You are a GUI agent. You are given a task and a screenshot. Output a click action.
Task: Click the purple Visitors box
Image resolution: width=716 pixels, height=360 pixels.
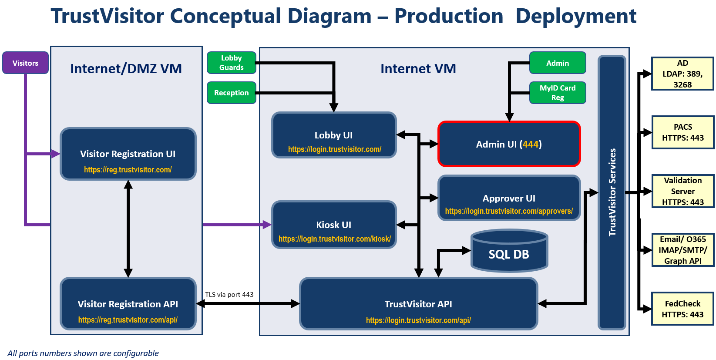coord(25,63)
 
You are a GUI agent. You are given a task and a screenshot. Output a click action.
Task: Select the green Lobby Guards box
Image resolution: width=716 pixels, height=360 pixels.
coord(231,63)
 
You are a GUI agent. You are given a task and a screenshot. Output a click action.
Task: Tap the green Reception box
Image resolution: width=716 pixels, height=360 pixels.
coord(231,93)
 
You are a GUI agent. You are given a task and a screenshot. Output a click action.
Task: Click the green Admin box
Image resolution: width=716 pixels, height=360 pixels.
coord(557,63)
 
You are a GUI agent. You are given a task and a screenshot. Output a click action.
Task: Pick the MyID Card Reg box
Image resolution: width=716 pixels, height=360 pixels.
coord(557,93)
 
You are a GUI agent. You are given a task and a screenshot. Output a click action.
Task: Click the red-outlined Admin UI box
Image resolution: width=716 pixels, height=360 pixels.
coord(509,144)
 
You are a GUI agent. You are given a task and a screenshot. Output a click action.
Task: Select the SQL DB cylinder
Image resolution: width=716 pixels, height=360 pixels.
coord(509,252)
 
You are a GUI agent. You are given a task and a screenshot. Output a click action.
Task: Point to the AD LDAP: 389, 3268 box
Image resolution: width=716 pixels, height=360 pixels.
coord(682,74)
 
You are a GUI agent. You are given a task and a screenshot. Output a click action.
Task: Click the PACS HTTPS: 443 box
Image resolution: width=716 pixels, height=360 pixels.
coord(682,132)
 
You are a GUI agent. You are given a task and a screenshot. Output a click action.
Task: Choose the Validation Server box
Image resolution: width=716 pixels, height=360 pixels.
coord(682,191)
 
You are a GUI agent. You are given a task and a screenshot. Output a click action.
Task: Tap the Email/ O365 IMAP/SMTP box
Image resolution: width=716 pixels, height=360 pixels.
coord(682,250)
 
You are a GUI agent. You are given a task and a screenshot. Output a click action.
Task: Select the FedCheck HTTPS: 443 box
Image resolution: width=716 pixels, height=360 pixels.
coord(682,309)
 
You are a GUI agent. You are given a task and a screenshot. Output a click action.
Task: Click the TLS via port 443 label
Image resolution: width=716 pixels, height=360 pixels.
coord(229,295)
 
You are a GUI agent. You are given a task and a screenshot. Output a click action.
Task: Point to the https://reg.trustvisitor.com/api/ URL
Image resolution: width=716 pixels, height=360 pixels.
coord(128,320)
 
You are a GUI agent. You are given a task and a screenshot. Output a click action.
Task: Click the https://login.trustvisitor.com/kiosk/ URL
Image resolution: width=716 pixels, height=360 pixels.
coord(334,239)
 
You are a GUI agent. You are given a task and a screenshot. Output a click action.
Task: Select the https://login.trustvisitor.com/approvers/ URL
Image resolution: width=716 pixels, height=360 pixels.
coord(509,211)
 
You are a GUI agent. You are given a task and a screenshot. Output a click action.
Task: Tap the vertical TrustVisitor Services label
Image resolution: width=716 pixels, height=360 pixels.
coord(612,192)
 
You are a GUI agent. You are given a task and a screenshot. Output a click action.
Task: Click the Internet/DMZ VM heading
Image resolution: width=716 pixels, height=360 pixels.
coord(126,69)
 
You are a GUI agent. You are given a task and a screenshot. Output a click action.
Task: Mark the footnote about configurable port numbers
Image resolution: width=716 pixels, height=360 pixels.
coord(83,353)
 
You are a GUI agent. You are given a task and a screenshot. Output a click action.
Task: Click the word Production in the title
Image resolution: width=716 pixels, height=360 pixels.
coord(448,17)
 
